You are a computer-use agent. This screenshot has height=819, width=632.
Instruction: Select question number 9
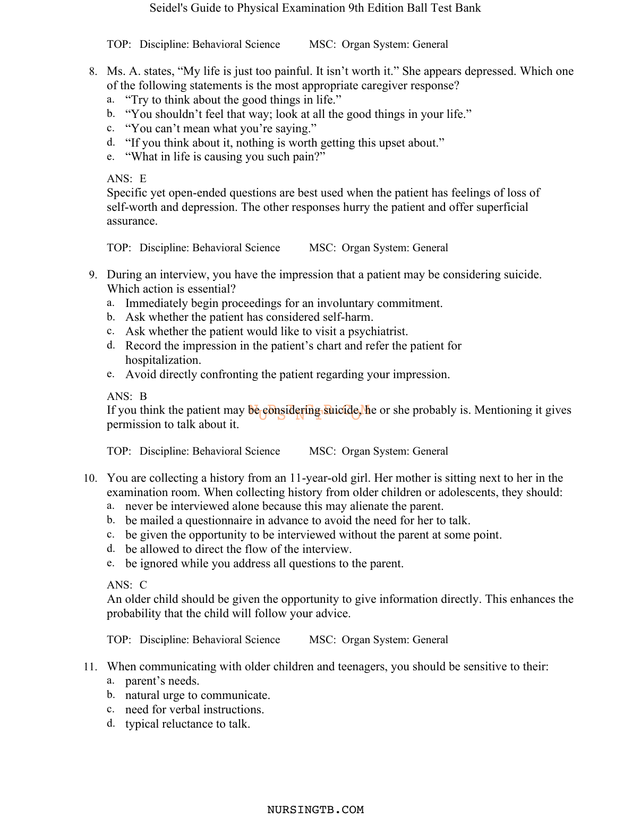[x=92, y=275]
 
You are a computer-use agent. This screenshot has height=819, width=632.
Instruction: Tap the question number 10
[x=90, y=479]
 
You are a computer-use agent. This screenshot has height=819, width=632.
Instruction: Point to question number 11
[x=90, y=667]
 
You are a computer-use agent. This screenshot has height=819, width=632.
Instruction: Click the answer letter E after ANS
[x=143, y=179]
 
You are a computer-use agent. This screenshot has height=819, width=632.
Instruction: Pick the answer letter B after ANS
[x=143, y=397]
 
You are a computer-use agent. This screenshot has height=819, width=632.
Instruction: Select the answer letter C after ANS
[x=143, y=585]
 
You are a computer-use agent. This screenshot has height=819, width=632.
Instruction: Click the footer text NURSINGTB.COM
[x=315, y=810]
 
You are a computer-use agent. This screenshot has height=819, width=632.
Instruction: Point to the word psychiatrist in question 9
[x=378, y=332]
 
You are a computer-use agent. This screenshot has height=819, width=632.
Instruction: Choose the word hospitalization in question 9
[x=163, y=361]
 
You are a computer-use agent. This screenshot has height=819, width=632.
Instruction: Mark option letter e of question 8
[x=110, y=157]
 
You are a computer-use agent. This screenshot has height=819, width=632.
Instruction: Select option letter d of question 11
[x=110, y=724]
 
